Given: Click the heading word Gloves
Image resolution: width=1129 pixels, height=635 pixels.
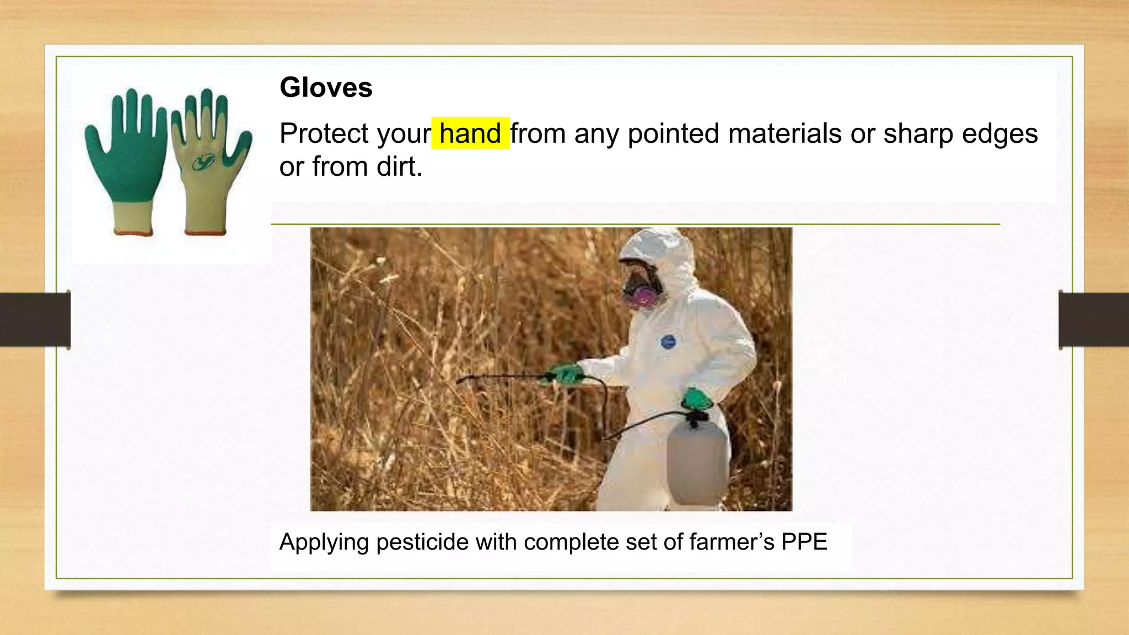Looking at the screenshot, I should (326, 88).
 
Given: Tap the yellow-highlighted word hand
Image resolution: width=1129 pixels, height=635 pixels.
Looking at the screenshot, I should (470, 133).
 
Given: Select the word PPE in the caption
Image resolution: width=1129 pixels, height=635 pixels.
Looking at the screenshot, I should (804, 542).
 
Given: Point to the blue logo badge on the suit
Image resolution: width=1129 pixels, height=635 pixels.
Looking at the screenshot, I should (668, 342).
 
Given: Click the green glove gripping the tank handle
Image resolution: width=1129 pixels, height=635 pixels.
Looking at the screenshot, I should (696, 399).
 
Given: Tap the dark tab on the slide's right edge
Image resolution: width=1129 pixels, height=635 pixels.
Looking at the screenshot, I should (1094, 320).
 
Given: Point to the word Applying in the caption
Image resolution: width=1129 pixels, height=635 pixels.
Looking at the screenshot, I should (324, 542).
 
